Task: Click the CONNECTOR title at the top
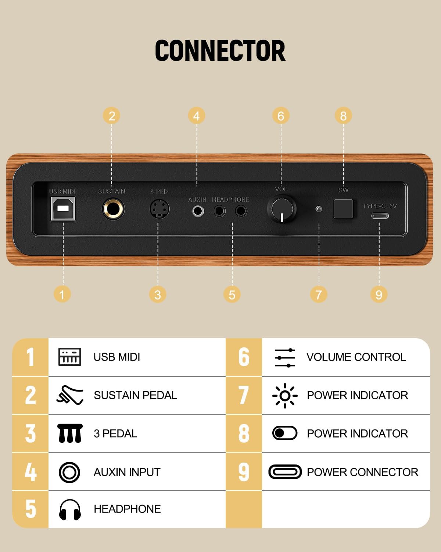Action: pyautogui.click(x=220, y=50)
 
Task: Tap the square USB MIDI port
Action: pyautogui.click(x=63, y=209)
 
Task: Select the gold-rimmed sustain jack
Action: pyautogui.click(x=113, y=209)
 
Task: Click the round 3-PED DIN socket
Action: pyautogui.click(x=159, y=209)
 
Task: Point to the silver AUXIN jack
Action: pyautogui.click(x=198, y=211)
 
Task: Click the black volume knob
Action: pyautogui.click(x=282, y=209)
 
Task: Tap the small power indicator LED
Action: pyautogui.click(x=319, y=209)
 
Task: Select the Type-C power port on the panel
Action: pyautogui.click(x=380, y=216)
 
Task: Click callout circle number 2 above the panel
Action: pyautogui.click(x=112, y=116)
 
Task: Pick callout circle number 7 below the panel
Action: pyautogui.click(x=319, y=294)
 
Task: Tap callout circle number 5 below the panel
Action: pyautogui.click(x=232, y=294)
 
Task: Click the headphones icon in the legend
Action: pyautogui.click(x=70, y=509)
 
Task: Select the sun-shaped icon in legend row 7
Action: pyautogui.click(x=285, y=396)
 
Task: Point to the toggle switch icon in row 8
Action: pyautogui.click(x=285, y=433)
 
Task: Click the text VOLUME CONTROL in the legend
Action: pyautogui.click(x=356, y=357)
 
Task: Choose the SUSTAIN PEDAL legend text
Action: pyautogui.click(x=136, y=395)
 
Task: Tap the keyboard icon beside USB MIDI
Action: pyautogui.click(x=70, y=357)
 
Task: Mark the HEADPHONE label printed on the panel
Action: pyautogui.click(x=231, y=199)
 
